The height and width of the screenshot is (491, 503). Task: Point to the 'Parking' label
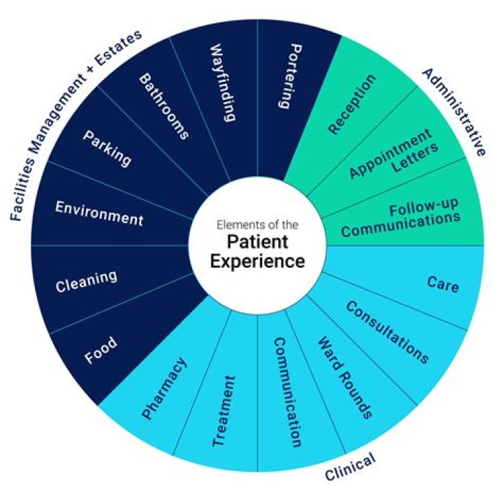tap(107, 146)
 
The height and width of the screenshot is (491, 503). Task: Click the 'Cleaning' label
tap(87, 281)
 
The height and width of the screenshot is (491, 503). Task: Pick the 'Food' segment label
tap(101, 349)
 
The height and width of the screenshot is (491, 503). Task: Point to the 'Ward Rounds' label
tap(344, 378)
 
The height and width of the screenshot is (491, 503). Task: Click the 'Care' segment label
tap(442, 284)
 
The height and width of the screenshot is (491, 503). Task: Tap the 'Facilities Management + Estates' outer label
tap(75, 124)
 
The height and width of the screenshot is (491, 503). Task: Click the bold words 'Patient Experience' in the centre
tap(258, 252)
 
